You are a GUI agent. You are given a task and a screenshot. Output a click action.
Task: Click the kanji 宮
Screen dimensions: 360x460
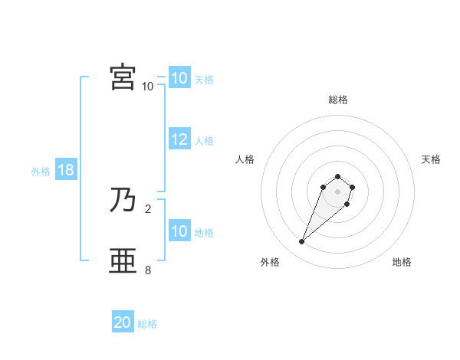[x=123, y=77]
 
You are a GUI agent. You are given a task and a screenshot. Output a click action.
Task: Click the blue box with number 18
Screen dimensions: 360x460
[x=65, y=171]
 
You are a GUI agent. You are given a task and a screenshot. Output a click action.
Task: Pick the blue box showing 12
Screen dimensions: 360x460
[x=179, y=140]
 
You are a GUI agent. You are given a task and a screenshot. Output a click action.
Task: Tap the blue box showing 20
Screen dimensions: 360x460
[x=123, y=322]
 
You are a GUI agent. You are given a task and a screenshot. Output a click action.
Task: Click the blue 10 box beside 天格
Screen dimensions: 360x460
[x=179, y=78]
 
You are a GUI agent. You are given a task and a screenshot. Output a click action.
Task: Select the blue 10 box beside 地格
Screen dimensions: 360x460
[x=179, y=231]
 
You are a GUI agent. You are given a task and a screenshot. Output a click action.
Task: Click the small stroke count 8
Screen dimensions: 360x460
[x=148, y=270]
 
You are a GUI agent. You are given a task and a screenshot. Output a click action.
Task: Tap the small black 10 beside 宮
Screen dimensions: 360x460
[x=148, y=86]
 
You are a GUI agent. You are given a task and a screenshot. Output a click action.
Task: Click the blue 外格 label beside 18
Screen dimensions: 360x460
[x=41, y=172]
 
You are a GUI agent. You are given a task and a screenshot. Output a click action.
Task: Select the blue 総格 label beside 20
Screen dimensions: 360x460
[x=147, y=324]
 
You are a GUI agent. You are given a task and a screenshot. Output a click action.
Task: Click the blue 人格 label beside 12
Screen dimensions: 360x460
[x=204, y=141]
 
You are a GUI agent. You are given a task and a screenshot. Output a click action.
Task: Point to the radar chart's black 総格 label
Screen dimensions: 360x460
[x=338, y=100]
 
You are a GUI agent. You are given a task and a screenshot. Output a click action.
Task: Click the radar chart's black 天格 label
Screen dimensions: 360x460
[x=431, y=159]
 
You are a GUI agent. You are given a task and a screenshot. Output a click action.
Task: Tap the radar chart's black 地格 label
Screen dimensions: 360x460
[x=402, y=262]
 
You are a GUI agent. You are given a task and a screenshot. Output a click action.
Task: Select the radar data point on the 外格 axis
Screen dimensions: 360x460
[x=302, y=242]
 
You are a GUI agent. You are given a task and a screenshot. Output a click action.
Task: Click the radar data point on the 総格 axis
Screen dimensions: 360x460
[x=338, y=175]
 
